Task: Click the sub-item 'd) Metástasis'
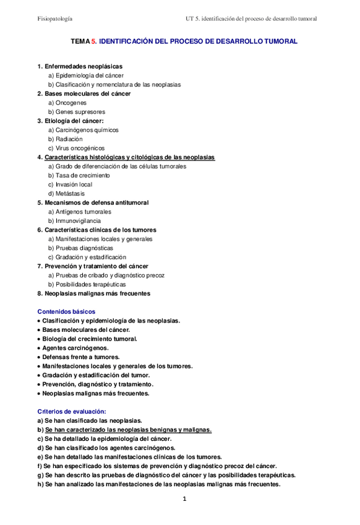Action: coord(67,194)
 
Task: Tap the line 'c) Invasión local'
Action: coord(71,184)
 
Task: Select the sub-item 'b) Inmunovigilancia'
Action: coord(75,221)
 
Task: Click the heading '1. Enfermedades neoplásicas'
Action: coord(80,66)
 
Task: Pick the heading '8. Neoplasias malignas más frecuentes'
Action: coord(93,293)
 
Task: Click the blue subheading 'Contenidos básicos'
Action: coord(67,311)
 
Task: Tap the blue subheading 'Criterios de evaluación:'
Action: coord(72,411)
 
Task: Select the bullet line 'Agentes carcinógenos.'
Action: coord(75,348)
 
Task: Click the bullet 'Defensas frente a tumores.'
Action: coord(81,357)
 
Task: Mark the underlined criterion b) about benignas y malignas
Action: coord(124,430)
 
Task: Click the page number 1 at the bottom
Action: coord(184,499)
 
